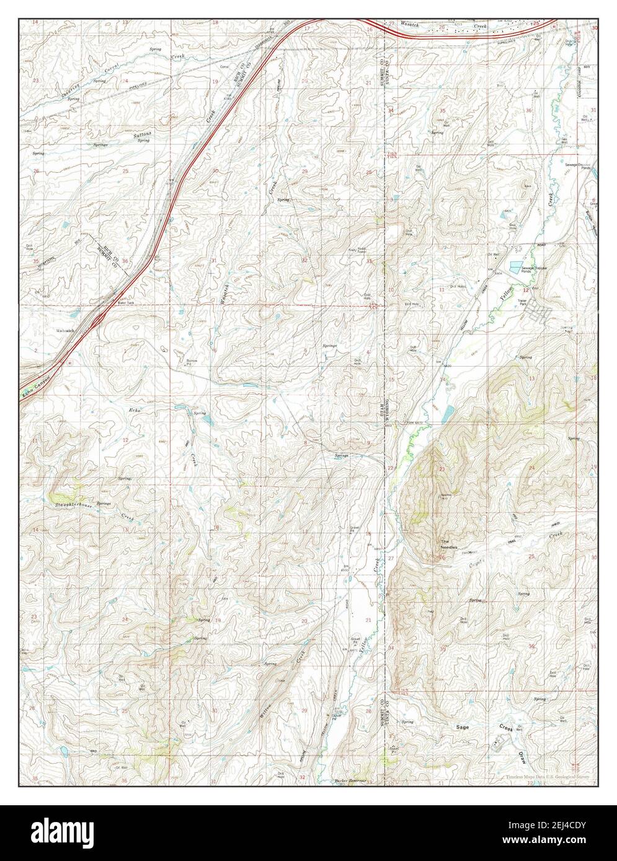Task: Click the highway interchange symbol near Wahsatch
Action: coord(99,319)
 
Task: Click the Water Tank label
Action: coord(126,303)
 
